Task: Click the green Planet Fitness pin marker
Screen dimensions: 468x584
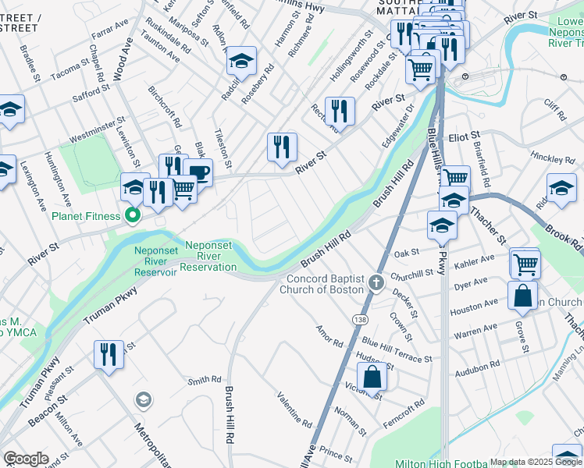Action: point(133,215)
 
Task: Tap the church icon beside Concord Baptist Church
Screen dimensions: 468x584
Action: point(376,283)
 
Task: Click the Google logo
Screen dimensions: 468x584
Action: point(26,459)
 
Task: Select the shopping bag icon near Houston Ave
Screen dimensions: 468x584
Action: point(522,295)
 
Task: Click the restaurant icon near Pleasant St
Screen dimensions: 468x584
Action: point(109,353)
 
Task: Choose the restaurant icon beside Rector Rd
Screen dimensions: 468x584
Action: point(340,110)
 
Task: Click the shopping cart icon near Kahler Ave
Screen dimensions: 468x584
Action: point(525,263)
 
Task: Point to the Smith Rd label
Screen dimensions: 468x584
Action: point(205,381)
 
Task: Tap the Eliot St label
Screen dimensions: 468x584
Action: point(464,136)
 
